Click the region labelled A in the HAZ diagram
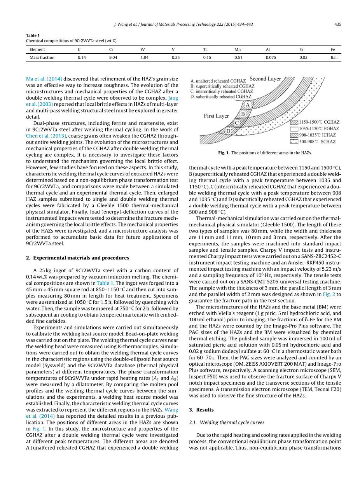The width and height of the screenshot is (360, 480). [248, 105]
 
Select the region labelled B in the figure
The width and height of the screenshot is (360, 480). [243, 114]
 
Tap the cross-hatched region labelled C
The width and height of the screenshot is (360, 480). [236, 123]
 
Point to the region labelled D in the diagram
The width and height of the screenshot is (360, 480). [229, 131]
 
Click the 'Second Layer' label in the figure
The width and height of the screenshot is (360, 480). [265, 79]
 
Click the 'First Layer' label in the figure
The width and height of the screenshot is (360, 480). [217, 116]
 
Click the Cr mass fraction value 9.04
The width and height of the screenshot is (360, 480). [113, 58]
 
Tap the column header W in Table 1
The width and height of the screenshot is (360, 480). [142, 49]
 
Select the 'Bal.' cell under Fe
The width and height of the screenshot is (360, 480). [334, 58]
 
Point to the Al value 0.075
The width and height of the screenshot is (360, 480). [271, 58]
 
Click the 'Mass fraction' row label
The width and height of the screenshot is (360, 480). [42, 58]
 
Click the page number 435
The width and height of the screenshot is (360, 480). [337, 24]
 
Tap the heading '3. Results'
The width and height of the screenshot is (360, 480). [201, 410]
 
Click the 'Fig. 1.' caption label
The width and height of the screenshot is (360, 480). [224, 153]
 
